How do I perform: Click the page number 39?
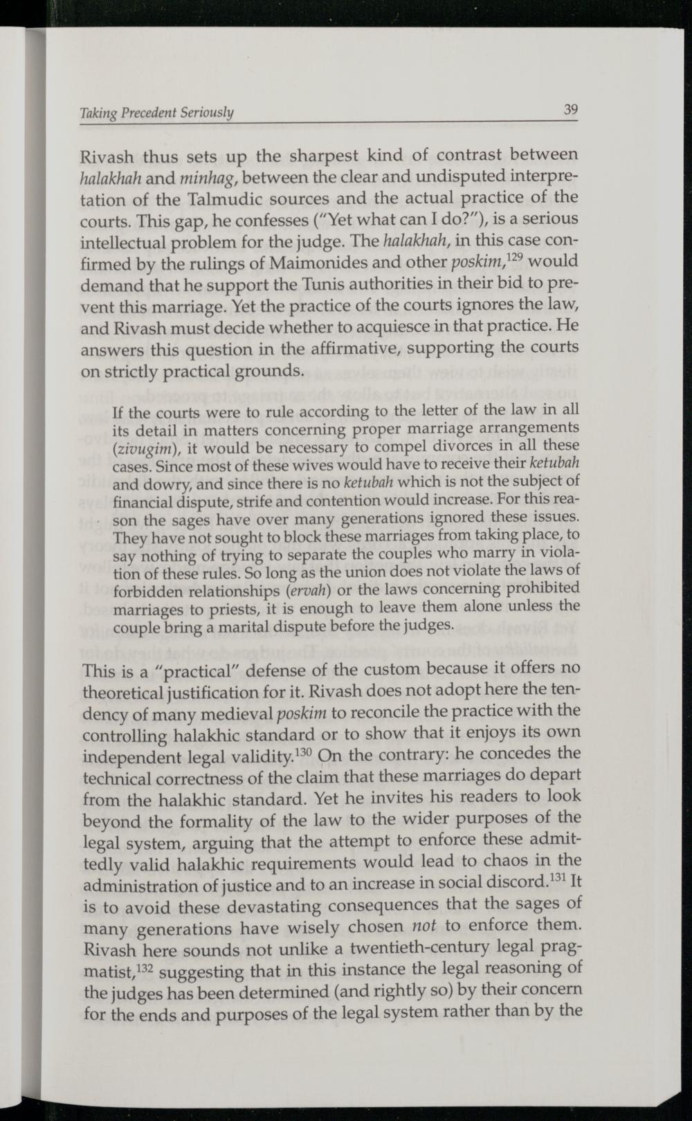(x=570, y=109)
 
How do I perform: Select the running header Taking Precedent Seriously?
(x=157, y=112)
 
